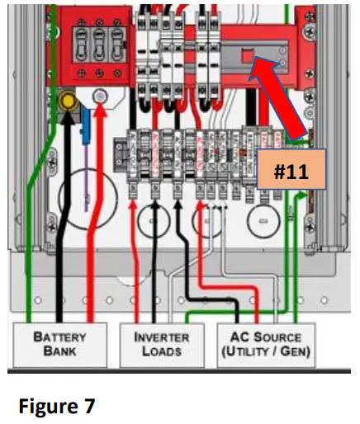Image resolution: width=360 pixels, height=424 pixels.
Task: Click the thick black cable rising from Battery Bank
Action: (x=64, y=247)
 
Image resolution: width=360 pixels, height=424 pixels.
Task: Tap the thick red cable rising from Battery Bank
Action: (x=100, y=247)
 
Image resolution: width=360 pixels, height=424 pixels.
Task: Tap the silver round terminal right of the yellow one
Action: (x=100, y=97)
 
